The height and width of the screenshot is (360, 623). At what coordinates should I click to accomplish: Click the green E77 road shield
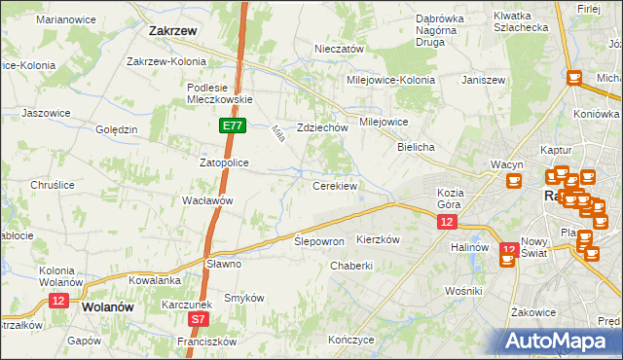click(x=231, y=126)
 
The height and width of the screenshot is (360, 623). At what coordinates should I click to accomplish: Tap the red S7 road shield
click(x=199, y=318)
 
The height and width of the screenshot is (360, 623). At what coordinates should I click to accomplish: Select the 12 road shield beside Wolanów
click(x=57, y=302)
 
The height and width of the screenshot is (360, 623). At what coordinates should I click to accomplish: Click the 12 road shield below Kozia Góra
click(x=445, y=223)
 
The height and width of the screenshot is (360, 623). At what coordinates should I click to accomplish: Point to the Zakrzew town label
click(x=174, y=31)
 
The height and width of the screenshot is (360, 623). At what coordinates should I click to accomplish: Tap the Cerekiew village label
click(x=334, y=185)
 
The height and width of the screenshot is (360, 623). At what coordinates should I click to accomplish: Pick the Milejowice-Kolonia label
click(x=387, y=80)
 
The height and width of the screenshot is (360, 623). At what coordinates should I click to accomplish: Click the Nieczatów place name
click(x=339, y=49)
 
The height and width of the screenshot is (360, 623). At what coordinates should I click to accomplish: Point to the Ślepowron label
click(x=319, y=240)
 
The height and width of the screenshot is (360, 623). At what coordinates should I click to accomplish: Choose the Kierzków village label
click(x=380, y=239)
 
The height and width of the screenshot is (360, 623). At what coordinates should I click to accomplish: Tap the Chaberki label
click(x=351, y=266)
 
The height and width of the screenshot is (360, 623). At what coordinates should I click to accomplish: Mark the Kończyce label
click(x=351, y=341)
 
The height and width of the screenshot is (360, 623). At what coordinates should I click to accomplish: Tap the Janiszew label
click(x=487, y=80)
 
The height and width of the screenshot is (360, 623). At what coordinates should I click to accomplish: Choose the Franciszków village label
click(x=206, y=342)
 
